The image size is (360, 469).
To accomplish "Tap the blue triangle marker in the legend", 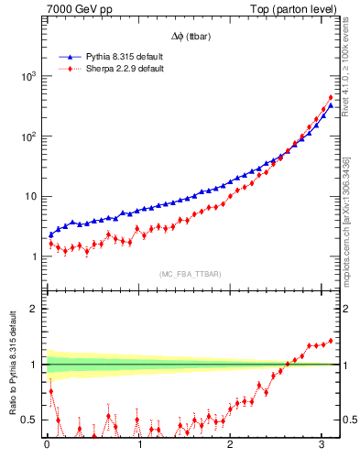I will point(67,57).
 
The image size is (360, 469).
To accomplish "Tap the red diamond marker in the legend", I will point(67,69).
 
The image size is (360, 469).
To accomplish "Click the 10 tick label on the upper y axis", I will point(30,197).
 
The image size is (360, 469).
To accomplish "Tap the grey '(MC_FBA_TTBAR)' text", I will point(190,274).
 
